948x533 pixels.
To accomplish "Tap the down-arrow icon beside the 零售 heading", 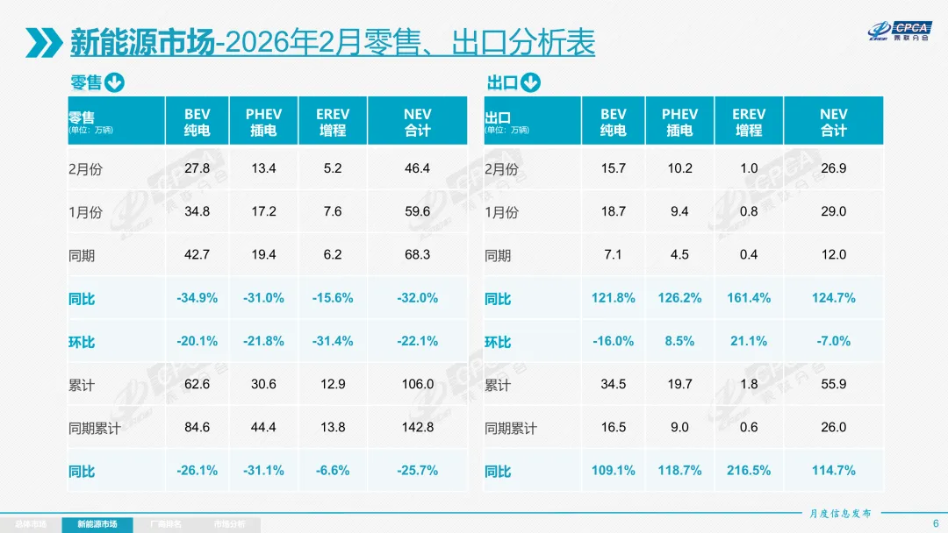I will point(115,83).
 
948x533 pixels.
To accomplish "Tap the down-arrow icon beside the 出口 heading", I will point(530,83).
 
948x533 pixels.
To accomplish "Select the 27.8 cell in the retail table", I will point(197,168).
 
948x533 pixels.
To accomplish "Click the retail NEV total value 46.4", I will point(417,168).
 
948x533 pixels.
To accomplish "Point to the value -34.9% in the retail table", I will point(197,298).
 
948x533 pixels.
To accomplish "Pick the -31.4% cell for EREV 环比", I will point(333,341).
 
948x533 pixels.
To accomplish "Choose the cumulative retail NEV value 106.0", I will point(417,384).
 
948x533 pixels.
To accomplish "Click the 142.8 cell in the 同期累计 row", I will point(417,427).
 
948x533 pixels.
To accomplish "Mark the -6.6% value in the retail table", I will point(333,471).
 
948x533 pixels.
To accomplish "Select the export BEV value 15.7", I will point(613,168).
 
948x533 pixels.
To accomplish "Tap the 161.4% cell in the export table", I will point(749,298).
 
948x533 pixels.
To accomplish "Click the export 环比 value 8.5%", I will point(679,341).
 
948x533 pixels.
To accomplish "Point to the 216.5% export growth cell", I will point(749,471).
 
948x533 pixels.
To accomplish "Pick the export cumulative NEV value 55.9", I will point(833,384).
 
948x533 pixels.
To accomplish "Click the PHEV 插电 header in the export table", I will point(679,122).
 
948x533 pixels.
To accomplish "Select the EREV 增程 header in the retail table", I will point(333,122).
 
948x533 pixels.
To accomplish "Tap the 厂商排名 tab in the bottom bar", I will point(166,524).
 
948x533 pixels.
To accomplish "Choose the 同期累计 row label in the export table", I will point(511,429).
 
